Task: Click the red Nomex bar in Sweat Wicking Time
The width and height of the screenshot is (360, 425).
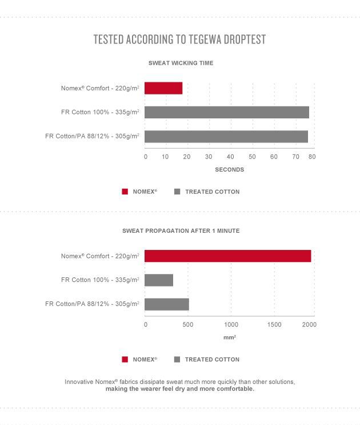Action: (x=163, y=88)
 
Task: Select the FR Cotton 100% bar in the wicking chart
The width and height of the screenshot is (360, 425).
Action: (x=227, y=112)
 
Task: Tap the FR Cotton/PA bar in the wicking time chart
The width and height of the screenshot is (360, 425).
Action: (x=226, y=136)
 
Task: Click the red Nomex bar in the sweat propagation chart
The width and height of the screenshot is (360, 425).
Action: (x=227, y=256)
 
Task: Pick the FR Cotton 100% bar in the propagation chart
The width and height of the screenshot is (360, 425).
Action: (x=159, y=280)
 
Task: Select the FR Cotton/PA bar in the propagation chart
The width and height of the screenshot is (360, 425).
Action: (x=167, y=304)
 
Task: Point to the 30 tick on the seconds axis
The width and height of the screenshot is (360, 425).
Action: (x=209, y=157)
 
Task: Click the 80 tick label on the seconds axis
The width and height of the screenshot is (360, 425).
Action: (x=312, y=157)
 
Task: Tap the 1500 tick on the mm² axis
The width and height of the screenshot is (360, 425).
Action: (x=274, y=324)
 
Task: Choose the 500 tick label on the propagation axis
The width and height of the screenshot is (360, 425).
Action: (x=188, y=324)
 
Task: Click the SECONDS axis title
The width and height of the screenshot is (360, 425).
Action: (x=230, y=170)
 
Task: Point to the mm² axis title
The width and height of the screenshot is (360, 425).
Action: (x=230, y=337)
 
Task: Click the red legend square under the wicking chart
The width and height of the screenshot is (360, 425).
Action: (x=125, y=192)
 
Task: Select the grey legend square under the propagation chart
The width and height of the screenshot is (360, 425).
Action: (x=177, y=359)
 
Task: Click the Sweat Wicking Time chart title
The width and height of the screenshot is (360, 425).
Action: (x=181, y=63)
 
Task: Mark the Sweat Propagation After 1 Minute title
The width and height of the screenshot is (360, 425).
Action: (x=181, y=231)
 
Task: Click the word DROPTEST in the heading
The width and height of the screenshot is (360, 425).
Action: (x=245, y=39)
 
